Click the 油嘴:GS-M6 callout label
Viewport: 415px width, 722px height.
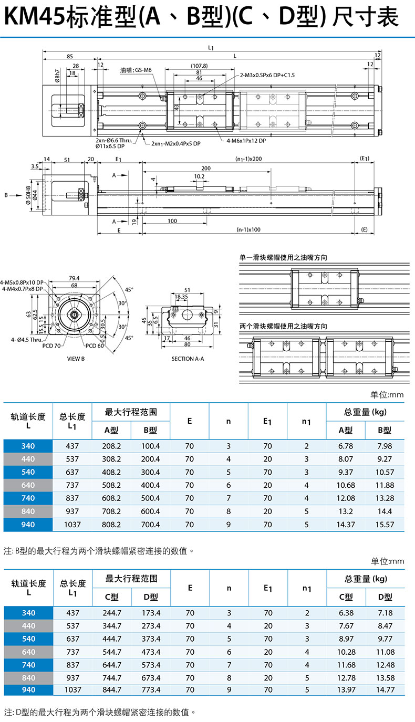136,70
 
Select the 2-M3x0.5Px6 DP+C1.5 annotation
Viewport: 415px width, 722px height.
267,75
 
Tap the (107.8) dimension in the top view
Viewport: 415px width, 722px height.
199,66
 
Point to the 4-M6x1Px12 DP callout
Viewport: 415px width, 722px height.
246,141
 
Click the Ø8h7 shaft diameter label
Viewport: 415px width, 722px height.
57,76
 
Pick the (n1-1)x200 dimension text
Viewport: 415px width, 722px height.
248,159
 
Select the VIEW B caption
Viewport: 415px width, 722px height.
76,359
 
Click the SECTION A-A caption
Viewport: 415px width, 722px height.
188,359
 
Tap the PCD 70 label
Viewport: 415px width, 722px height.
51,346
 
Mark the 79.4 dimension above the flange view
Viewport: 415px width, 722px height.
74,278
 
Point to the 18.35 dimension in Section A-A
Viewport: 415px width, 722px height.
181,297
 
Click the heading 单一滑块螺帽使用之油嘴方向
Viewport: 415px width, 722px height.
283,257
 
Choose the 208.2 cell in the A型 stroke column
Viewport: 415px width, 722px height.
111,446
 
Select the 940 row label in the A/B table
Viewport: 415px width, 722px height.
28,525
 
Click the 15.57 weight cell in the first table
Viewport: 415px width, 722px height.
385,525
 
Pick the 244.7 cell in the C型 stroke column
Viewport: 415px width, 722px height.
112,613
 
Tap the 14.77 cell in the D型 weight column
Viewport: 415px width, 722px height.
386,689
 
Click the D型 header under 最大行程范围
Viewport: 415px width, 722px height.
151,597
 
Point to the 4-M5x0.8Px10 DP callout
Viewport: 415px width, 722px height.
22,282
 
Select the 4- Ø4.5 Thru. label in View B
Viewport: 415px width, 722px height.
27,340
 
